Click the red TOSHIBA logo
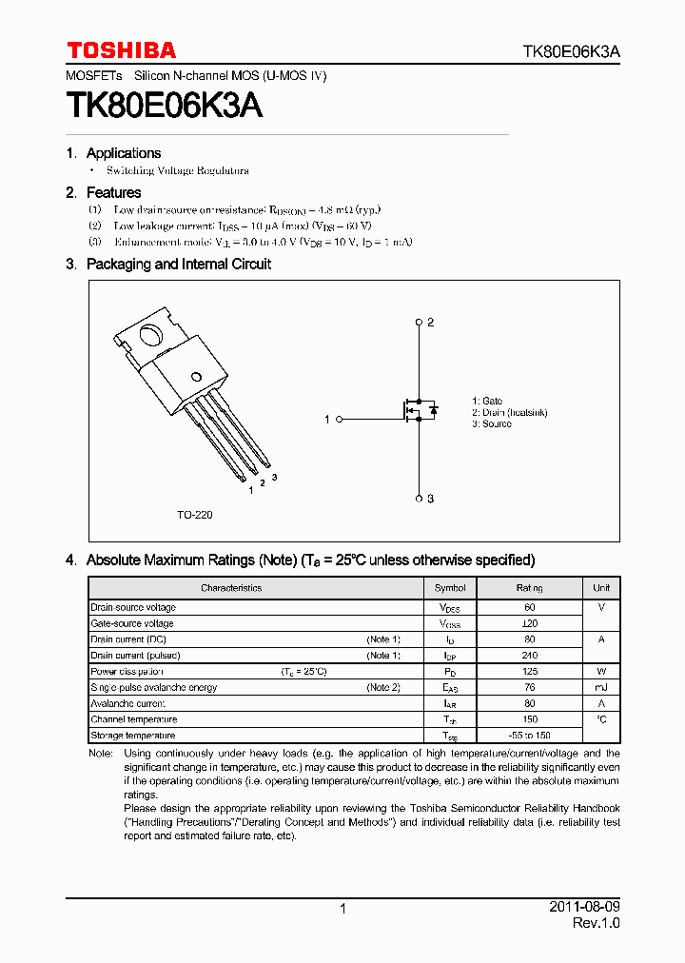click(121, 49)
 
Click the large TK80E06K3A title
click(165, 106)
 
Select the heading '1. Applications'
click(113, 153)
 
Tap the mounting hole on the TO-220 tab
click(150, 335)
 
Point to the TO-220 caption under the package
click(194, 515)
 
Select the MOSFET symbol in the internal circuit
click(418, 410)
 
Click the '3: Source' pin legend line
click(492, 424)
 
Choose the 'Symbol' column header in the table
click(450, 588)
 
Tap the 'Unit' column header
click(601, 588)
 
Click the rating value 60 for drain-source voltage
click(530, 607)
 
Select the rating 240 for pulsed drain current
click(530, 656)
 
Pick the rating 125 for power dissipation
click(530, 672)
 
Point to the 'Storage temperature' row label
click(132, 736)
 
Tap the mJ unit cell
click(601, 687)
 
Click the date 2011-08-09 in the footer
click(584, 908)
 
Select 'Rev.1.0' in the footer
click(596, 924)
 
